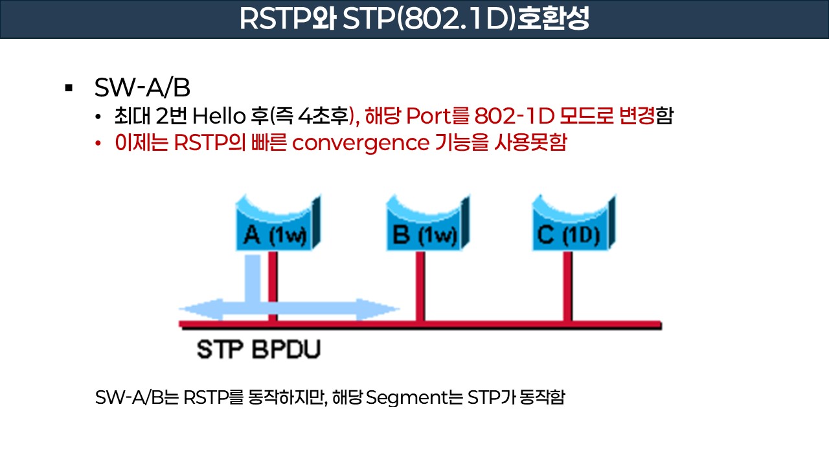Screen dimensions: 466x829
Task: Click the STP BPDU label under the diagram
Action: pos(259,349)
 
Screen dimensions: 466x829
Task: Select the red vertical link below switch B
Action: pos(421,285)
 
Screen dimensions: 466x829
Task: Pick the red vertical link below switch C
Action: pos(568,285)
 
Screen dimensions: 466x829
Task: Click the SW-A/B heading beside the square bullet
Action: pos(142,88)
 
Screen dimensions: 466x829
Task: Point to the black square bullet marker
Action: pos(69,88)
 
